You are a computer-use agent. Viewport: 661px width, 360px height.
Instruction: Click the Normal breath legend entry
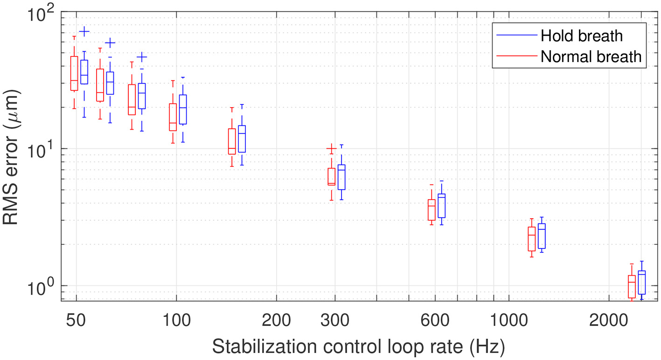(x=591, y=57)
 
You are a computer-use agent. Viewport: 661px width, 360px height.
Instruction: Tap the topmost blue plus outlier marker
(x=84, y=32)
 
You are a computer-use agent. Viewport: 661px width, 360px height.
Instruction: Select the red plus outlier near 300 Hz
(x=331, y=149)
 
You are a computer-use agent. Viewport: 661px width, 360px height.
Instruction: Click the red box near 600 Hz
(x=431, y=210)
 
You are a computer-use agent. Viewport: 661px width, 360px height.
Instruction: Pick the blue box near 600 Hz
(x=441, y=206)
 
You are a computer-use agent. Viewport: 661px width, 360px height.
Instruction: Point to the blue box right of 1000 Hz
(x=542, y=236)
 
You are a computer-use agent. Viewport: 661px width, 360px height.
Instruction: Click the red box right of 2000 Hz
(x=632, y=286)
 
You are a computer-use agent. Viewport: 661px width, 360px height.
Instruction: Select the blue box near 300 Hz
(x=341, y=177)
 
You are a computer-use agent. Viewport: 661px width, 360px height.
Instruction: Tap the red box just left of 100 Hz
(x=173, y=117)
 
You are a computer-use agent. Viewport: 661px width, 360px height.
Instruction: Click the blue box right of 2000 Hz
(x=642, y=283)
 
